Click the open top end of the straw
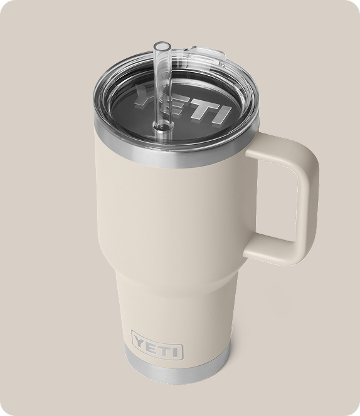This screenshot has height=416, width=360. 161,46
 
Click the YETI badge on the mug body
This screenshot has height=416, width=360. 157,344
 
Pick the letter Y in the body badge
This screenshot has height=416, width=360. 139,341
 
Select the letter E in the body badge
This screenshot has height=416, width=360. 152,344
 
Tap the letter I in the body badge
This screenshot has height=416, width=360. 177,349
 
